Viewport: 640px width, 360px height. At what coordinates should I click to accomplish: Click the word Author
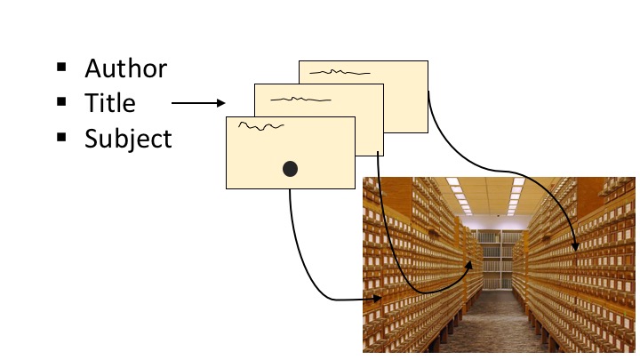[x=125, y=68]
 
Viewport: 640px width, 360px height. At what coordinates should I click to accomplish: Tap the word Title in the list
[x=110, y=103]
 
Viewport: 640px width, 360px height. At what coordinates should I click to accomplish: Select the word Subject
[x=128, y=139]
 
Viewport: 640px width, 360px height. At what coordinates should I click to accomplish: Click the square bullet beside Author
[x=61, y=67]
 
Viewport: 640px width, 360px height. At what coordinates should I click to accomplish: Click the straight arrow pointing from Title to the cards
[x=197, y=103]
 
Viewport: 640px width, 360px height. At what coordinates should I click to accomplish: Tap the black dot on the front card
[x=290, y=168]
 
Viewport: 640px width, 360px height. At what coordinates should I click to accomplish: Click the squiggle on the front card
[x=260, y=128]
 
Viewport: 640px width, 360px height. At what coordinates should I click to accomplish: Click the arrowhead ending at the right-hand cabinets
[x=576, y=246]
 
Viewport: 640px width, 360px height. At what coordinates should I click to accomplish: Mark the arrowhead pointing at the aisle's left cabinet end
[x=468, y=264]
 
